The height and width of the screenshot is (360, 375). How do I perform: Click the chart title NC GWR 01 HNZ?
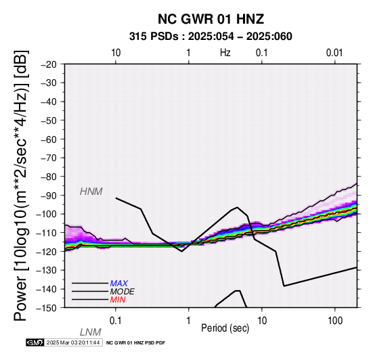click(211, 19)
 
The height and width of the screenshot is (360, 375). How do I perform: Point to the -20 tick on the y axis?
click(49, 64)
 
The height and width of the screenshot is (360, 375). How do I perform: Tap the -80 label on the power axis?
click(49, 177)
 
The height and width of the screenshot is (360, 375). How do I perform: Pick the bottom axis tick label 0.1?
click(115, 321)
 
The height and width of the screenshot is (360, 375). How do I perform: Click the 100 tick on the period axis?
click(335, 321)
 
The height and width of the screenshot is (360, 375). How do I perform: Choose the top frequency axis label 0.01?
click(334, 53)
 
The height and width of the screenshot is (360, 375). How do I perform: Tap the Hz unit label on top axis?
click(225, 53)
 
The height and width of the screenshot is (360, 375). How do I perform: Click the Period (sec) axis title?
click(225, 328)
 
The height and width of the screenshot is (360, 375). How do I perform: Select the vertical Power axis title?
click(22, 185)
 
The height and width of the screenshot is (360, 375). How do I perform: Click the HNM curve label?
click(91, 192)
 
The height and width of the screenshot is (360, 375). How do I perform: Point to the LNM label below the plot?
click(91, 332)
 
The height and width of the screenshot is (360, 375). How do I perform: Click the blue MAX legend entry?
click(119, 284)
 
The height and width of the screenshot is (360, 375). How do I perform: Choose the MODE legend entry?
click(123, 292)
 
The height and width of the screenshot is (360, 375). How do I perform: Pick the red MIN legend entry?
click(118, 300)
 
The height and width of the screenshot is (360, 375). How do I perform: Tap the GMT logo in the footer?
click(35, 342)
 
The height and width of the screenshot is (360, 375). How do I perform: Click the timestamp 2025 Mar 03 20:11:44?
click(73, 342)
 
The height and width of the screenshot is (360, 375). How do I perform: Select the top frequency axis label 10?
click(116, 53)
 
